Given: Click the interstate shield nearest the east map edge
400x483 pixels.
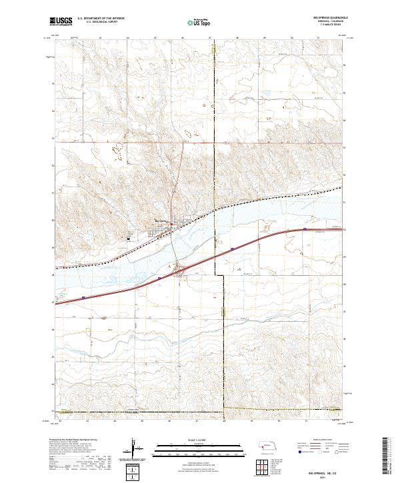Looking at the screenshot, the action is pos(305,229).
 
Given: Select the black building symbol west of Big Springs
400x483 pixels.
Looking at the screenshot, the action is pos(129,235).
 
